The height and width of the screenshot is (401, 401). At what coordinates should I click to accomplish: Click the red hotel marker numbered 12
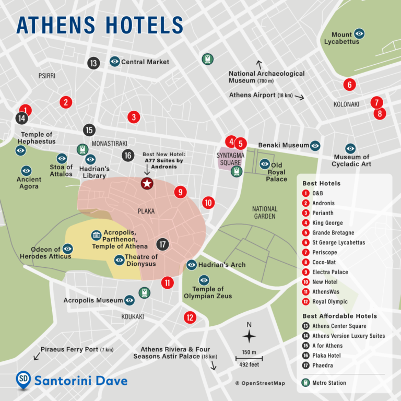190,317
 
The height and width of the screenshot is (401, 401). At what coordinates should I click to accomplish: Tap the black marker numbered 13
93,63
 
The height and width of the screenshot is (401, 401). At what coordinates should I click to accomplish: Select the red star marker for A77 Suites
147,183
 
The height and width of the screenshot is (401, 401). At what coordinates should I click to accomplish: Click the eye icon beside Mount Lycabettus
359,33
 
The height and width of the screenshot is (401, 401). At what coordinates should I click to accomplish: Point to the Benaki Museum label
284,145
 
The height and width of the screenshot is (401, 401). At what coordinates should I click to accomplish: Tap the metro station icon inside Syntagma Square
238,171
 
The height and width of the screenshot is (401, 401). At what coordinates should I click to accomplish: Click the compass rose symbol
249,336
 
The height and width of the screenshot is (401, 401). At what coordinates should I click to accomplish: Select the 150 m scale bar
249,359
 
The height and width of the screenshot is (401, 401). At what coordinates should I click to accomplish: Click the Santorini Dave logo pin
23,381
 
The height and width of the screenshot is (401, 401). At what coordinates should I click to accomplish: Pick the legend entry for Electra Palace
330,272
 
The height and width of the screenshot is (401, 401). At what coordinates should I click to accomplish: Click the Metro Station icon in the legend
306,383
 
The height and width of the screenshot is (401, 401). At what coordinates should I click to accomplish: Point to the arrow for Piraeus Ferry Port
37,356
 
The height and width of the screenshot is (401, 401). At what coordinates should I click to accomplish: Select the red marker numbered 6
349,84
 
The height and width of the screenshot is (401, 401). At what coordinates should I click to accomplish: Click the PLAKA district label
146,211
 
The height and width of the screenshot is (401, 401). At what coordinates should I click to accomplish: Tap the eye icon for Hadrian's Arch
192,265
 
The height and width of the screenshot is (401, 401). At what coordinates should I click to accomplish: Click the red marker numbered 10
208,203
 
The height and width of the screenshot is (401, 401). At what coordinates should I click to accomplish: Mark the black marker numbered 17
163,244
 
